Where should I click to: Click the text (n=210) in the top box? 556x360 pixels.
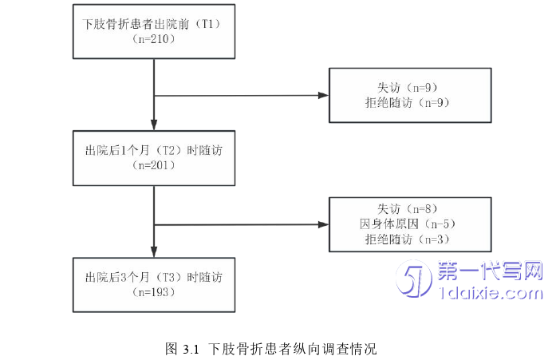tap(154, 39)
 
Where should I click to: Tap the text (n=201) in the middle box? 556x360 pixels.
tap(154, 165)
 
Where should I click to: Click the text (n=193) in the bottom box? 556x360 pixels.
tap(154, 292)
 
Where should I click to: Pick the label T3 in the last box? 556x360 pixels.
tap(167, 278)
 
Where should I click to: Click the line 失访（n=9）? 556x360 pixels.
tap(408, 87)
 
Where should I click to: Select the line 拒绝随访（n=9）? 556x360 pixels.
tap(408, 102)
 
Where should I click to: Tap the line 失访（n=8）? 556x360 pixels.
tap(408, 208)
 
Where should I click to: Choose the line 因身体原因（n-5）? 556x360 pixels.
tap(408, 224)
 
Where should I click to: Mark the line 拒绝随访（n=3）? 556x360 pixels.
tap(408, 239)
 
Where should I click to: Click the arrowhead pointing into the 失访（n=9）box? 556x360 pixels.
tap(323, 96)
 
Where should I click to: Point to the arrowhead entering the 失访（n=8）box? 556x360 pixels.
tap(323, 224)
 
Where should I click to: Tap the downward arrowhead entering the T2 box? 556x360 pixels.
tap(153, 125)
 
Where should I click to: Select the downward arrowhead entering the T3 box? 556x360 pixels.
tap(153, 252)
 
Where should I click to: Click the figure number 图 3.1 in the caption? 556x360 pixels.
tap(182, 349)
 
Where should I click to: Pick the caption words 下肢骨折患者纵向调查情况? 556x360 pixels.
tap(293, 349)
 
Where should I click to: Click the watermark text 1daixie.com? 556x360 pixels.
tap(491, 294)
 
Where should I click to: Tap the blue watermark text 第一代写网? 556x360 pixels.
tap(491, 272)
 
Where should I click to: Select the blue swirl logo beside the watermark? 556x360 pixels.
tap(416, 281)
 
